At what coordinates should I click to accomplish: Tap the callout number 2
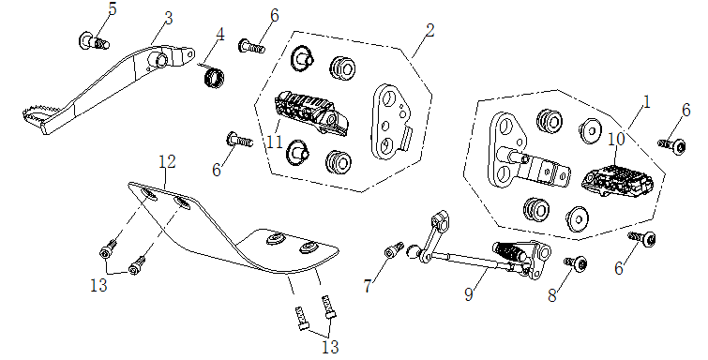429,30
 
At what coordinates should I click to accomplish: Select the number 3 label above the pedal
168,17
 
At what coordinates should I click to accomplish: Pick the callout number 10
616,139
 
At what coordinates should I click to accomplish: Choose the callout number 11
273,142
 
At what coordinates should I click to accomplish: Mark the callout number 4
220,35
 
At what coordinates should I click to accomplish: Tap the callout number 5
112,8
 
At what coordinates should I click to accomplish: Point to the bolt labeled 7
394,251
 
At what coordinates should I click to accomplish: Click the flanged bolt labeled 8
578,265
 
